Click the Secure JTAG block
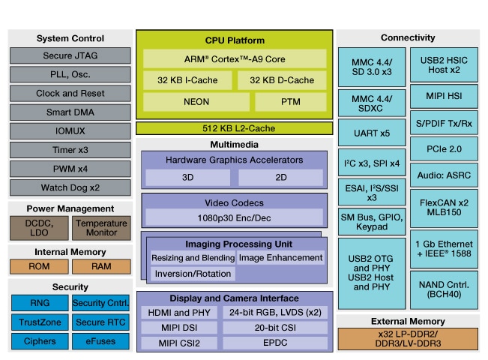tap(70, 55)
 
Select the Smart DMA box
tap(70, 112)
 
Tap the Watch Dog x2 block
tap(70, 187)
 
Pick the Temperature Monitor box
tap(102, 228)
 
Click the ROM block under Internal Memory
tap(38, 267)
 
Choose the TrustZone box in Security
tap(38, 322)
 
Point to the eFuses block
tap(102, 341)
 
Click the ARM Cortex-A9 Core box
tap(235, 58)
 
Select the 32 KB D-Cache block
tap(282, 80)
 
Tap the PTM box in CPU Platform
tap(290, 101)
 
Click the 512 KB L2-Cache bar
tap(235, 127)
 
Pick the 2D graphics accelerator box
tap(281, 178)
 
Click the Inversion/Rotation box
tap(193, 274)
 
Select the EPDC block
tap(281, 343)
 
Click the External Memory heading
tap(408, 321)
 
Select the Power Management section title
tap(70, 208)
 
